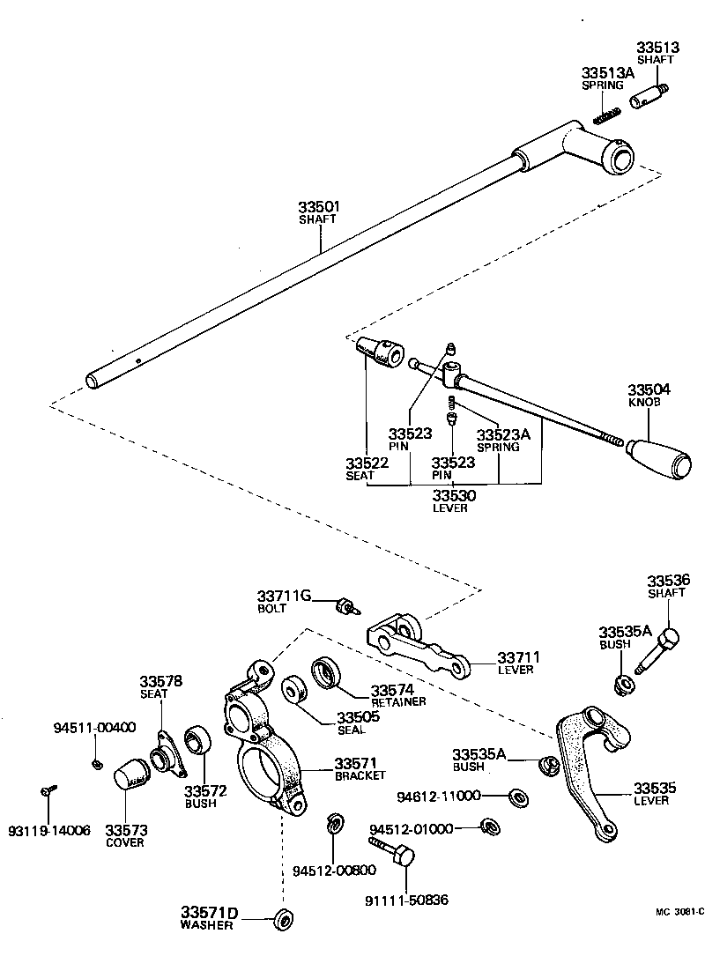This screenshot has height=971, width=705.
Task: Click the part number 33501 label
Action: coord(318,206)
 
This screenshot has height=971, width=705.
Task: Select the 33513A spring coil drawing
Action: coord(606,115)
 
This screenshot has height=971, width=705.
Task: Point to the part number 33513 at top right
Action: coord(658,47)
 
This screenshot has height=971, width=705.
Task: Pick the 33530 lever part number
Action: coord(454,495)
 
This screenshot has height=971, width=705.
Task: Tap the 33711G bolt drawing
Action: coord(349,606)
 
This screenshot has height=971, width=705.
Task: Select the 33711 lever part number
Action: coord(518,657)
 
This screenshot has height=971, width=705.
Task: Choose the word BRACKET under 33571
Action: coord(360,775)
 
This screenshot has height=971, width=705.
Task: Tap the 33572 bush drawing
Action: coord(198,738)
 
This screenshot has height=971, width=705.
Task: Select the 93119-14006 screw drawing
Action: coord(48,789)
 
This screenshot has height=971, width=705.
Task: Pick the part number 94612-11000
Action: coord(439,796)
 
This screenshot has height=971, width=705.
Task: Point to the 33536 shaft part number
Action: coord(669,581)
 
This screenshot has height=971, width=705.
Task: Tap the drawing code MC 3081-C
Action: coord(679,912)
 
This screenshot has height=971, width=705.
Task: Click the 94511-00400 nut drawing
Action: coord(97,764)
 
